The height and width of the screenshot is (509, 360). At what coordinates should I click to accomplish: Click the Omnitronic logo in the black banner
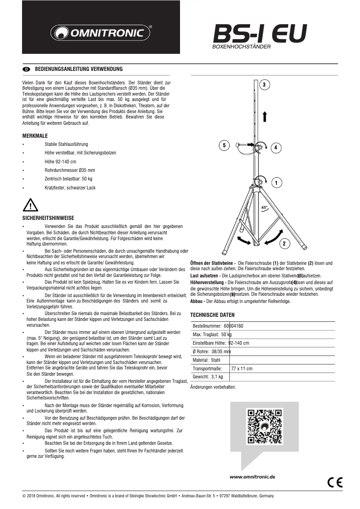click(101, 32)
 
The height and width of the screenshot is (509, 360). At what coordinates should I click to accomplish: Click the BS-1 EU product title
click(260, 33)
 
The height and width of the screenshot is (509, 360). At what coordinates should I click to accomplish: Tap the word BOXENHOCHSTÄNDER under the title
click(241, 46)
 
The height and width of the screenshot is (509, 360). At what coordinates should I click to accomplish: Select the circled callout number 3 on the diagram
click(265, 84)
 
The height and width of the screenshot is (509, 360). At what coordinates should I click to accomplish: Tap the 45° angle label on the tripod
click(264, 207)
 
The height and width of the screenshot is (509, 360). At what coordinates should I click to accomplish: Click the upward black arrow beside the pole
click(265, 116)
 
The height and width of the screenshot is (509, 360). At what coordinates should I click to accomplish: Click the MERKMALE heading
click(35, 136)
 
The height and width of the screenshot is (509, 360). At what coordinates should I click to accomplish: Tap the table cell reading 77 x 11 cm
click(241, 369)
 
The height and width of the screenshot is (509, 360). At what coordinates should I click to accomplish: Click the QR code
click(265, 426)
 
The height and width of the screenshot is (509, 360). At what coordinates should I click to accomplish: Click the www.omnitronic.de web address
click(252, 477)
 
